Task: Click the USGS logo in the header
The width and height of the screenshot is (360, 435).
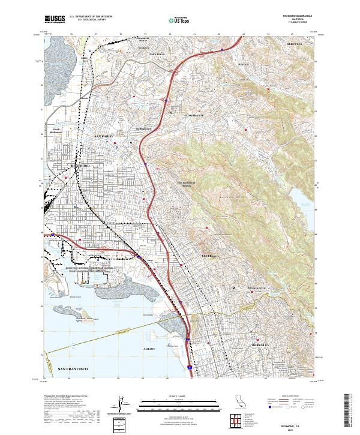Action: [55, 19]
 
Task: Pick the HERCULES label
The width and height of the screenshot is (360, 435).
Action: [296, 44]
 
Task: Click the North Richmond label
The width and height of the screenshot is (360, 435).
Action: [56, 130]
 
